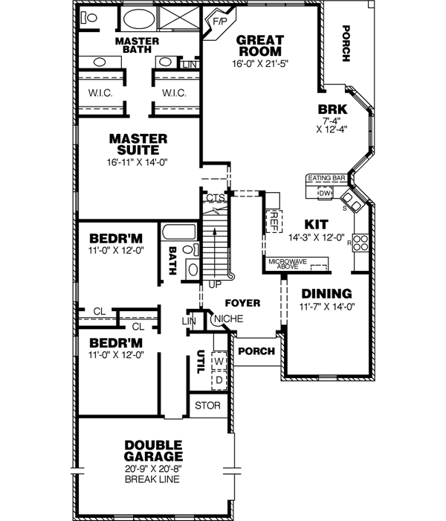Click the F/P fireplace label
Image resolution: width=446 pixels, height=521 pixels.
[x=220, y=22]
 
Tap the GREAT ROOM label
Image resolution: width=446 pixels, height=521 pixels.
[x=259, y=45]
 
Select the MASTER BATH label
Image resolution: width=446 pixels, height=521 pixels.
[x=138, y=44]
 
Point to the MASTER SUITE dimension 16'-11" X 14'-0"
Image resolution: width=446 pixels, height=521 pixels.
[x=138, y=162]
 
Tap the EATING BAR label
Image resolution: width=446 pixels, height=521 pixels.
[x=327, y=179]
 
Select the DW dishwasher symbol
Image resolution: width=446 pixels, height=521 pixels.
[x=325, y=193]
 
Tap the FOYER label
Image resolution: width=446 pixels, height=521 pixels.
[x=243, y=303]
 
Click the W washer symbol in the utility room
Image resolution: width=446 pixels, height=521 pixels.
[x=219, y=362]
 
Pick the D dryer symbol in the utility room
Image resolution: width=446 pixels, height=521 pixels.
[x=219, y=380]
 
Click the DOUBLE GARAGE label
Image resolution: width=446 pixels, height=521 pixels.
[x=154, y=450]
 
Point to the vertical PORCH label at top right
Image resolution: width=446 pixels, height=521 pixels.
[x=346, y=44]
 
